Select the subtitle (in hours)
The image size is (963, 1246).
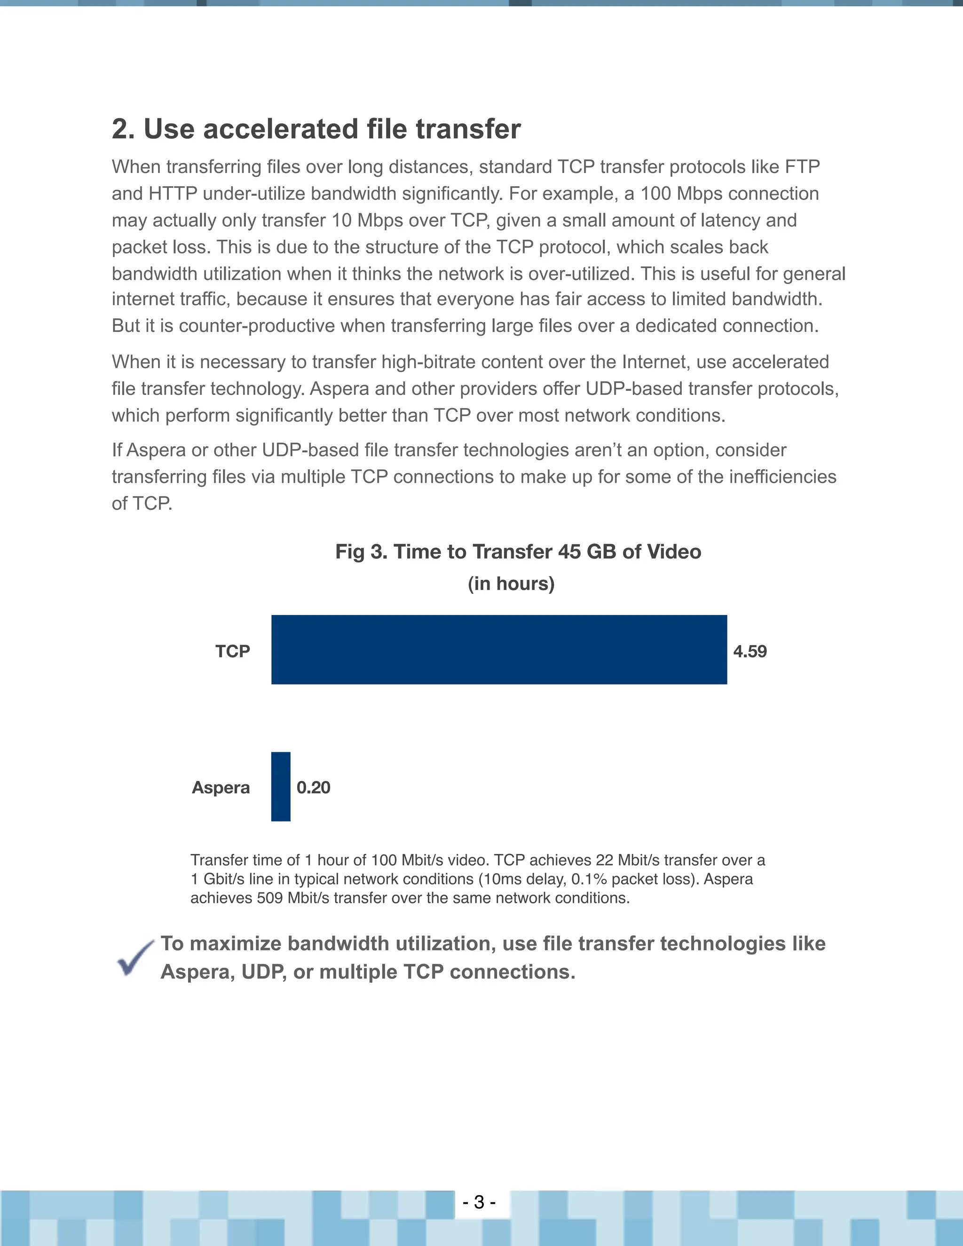coord(511,584)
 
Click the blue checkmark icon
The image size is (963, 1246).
coord(134,958)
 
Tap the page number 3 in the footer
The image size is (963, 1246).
coord(479,1202)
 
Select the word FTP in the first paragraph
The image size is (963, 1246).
coord(802,166)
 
